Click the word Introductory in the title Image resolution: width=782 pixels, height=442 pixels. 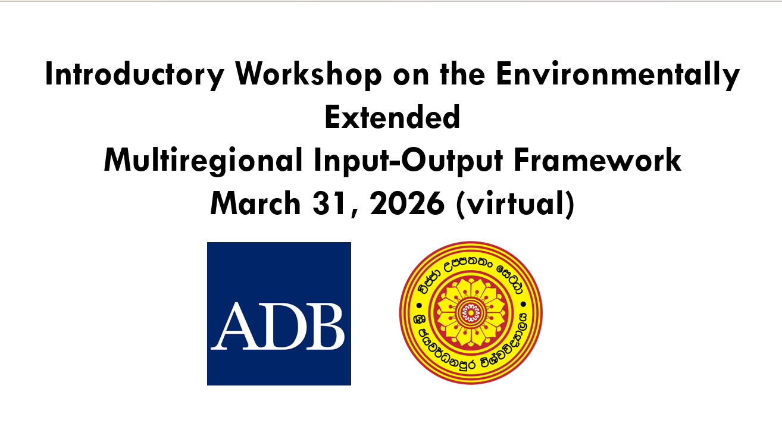pyautogui.click(x=135, y=75)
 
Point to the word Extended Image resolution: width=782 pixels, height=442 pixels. pyautogui.click(x=392, y=118)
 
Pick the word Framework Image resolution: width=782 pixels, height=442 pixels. pyautogui.click(x=612, y=161)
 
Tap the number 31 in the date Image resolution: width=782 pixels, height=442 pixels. pyautogui.click(x=328, y=204)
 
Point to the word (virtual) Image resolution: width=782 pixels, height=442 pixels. pyautogui.click(x=514, y=204)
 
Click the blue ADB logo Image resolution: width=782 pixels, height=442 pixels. pyautogui.click(x=279, y=314)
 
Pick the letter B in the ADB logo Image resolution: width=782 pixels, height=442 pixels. pyautogui.click(x=324, y=328)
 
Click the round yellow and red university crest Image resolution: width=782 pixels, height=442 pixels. pyautogui.click(x=470, y=312)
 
